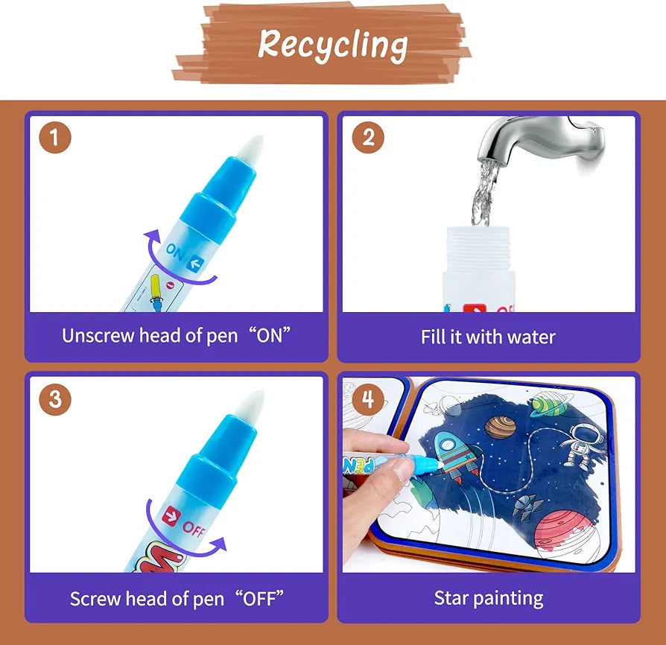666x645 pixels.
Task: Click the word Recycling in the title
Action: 332,45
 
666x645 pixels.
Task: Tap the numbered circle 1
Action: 55,138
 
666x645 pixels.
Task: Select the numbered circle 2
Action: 368,138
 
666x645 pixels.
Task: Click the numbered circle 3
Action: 55,399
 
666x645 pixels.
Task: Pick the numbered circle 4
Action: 368,399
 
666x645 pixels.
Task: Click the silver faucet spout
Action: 540,142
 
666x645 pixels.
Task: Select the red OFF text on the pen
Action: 194,529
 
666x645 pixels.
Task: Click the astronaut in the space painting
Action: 577,446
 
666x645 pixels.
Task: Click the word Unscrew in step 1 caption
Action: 98,335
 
